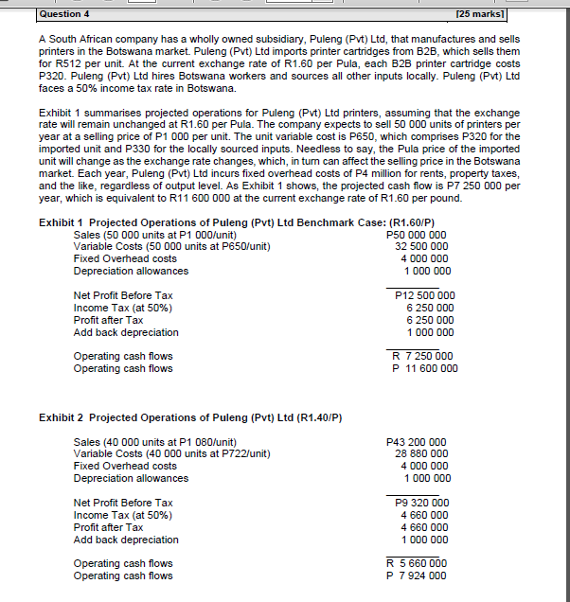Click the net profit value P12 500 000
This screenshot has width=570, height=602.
pos(424,295)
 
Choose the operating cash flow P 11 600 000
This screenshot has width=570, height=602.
pos(424,369)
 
